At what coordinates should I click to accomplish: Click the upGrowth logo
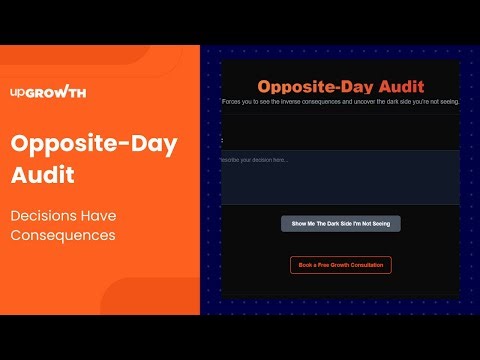[47, 93]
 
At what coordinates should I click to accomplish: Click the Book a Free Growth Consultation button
[341, 265]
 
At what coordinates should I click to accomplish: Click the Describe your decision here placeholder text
[254, 160]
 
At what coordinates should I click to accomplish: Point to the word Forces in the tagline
[233, 102]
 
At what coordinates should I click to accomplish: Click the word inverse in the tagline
[294, 102]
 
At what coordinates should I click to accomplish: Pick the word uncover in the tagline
[369, 102]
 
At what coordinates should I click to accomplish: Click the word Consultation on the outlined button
[366, 265]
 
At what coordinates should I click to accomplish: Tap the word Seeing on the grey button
[379, 224]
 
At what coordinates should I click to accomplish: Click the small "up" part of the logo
[17, 93]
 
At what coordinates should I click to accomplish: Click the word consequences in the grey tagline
[330, 102]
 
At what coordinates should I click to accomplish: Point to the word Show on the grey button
[301, 224]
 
